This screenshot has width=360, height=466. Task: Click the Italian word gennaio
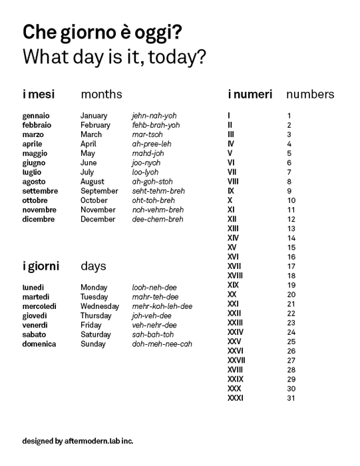[x=36, y=116]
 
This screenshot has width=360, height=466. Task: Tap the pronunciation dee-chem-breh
[x=158, y=219]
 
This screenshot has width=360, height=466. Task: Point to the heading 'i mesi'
[x=39, y=95]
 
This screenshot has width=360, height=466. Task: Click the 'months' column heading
[x=101, y=95]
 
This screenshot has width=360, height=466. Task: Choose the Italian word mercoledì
[x=39, y=306]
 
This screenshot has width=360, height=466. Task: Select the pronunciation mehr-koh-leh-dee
[x=162, y=306]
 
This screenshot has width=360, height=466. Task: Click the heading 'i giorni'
[x=41, y=266]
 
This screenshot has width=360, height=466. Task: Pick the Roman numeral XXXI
[x=236, y=398]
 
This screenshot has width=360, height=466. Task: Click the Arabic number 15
[x=291, y=248]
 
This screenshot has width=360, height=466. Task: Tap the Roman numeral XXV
[x=234, y=342]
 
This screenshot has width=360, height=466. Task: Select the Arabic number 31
[x=291, y=398]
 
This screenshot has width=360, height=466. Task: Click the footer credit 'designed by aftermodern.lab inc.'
[x=78, y=441]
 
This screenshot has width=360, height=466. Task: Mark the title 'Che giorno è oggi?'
[x=103, y=32]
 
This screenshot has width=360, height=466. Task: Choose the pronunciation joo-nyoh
[x=146, y=162]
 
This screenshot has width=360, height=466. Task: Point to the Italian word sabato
[x=35, y=335]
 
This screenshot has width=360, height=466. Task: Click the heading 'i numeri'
[x=250, y=95]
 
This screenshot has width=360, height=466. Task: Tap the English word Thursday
[x=96, y=316]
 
